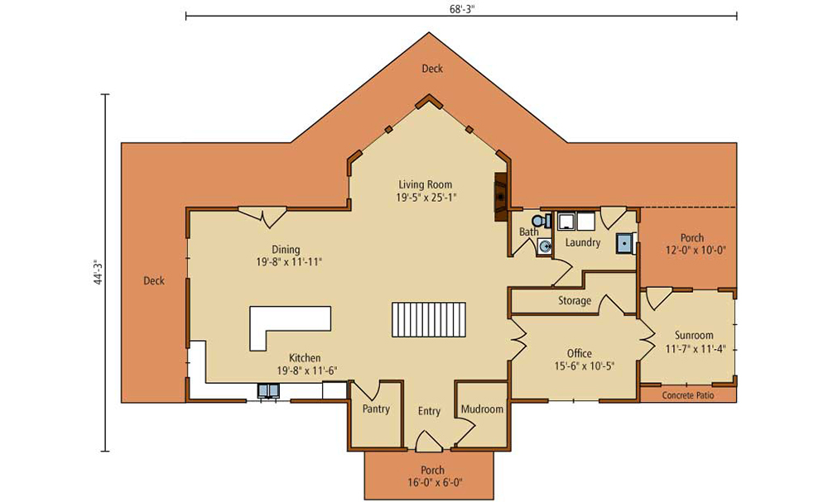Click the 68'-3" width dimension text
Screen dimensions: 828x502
pyautogui.click(x=459, y=8)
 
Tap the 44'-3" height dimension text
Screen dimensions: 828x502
pyautogui.click(x=98, y=272)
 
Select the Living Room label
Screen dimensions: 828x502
pyautogui.click(x=425, y=184)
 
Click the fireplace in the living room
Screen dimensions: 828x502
pyautogui.click(x=501, y=197)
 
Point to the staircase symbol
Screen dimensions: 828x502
pyautogui.click(x=429, y=319)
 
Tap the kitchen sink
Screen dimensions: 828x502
pyautogui.click(x=268, y=390)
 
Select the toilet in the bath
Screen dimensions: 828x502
pyautogui.click(x=542, y=221)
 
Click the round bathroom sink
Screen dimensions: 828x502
pyautogui.click(x=544, y=246)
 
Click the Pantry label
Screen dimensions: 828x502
pyautogui.click(x=376, y=409)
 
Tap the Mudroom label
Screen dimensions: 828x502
pyautogui.click(x=482, y=409)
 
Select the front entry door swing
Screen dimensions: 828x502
pyautogui.click(x=429, y=442)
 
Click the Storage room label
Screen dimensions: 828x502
pyautogui.click(x=575, y=301)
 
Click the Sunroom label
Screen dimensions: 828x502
pyautogui.click(x=694, y=336)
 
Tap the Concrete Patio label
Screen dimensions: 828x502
pyautogui.click(x=688, y=395)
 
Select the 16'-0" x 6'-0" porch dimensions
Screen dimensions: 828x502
pyautogui.click(x=432, y=482)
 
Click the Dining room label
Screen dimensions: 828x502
pyautogui.click(x=286, y=250)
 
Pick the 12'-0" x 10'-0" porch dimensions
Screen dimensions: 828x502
pyautogui.click(x=696, y=251)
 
